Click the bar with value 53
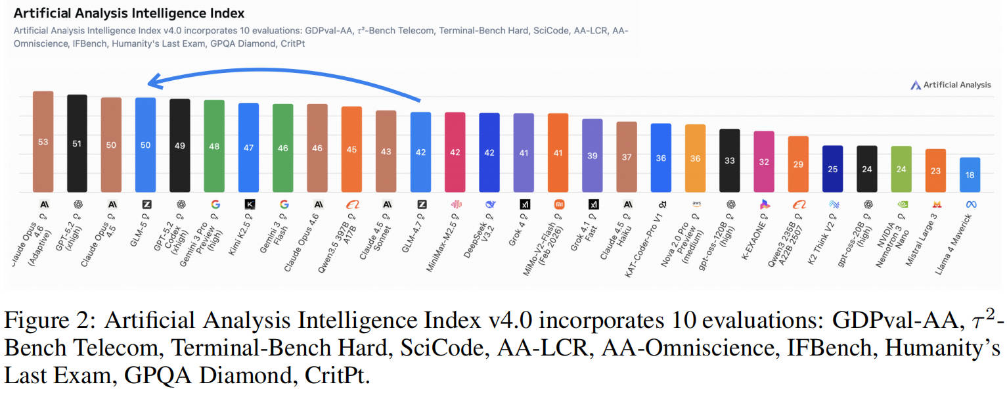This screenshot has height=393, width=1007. point(43,141)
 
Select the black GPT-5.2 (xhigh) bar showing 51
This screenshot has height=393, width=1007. point(77,143)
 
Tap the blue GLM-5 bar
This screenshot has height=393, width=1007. point(145,145)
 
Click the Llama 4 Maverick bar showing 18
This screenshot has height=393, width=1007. point(970,175)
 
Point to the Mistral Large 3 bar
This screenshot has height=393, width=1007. point(935,170)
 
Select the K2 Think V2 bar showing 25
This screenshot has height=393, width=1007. point(832,169)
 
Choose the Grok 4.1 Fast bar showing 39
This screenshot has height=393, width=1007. point(592,156)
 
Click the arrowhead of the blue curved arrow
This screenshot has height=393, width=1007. point(152,82)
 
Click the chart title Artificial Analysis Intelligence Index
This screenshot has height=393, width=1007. point(129,13)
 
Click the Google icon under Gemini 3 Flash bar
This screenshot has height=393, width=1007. point(284,204)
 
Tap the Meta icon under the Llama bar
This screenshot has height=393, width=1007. point(971,204)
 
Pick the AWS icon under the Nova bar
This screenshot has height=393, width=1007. point(696,204)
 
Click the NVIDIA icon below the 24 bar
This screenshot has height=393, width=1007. point(902,204)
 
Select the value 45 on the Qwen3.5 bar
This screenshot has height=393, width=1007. point(351,149)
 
